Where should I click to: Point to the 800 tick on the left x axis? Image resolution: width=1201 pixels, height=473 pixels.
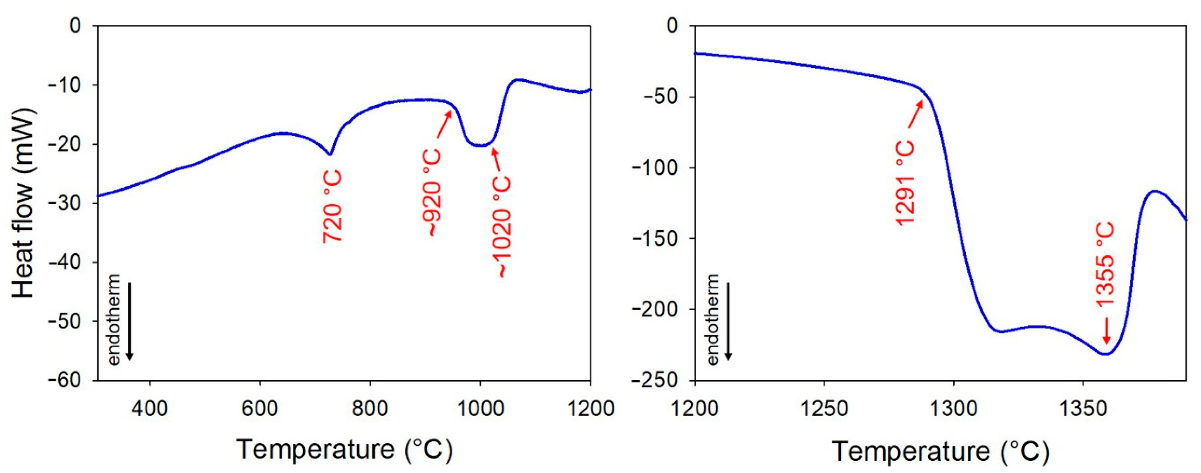[370, 409]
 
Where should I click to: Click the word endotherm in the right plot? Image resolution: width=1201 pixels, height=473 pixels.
[713, 320]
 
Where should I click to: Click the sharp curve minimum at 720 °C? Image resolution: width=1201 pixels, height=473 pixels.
[330, 154]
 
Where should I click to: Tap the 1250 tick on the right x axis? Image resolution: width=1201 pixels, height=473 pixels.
[824, 409]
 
